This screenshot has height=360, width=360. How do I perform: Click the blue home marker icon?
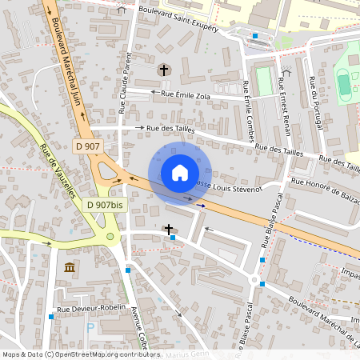tap(180, 173)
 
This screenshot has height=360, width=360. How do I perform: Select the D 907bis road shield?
tap(104, 205)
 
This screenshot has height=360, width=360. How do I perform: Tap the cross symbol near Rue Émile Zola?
tap(164, 70)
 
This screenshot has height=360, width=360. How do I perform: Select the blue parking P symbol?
tap(90, 328)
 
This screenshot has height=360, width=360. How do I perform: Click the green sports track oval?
tap(343, 83)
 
